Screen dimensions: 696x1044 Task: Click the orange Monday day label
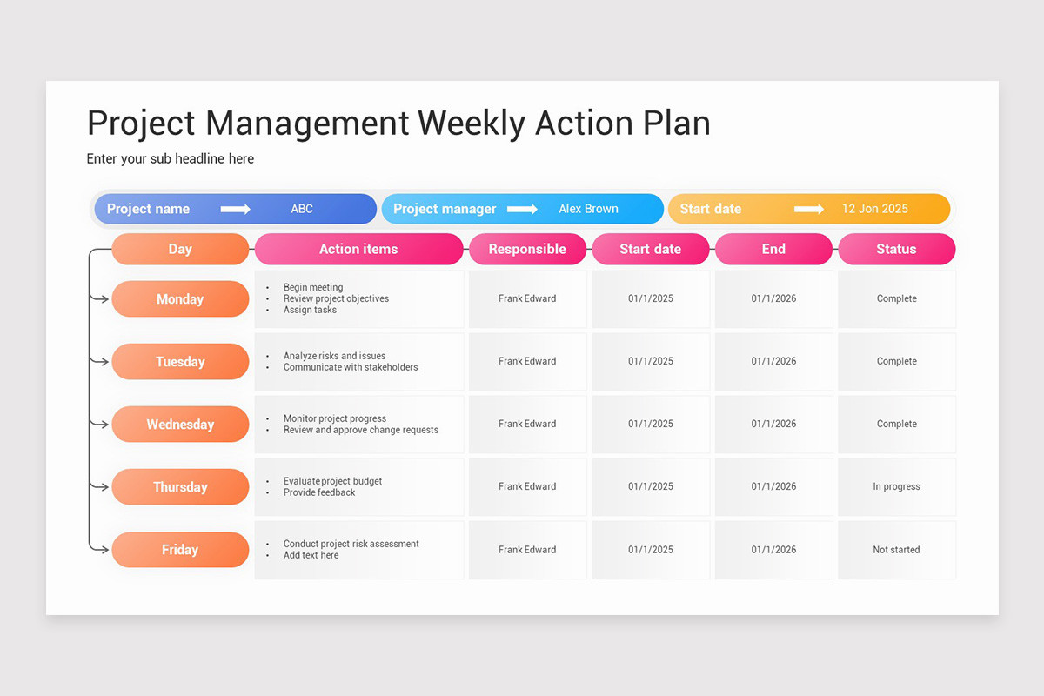pyautogui.click(x=180, y=299)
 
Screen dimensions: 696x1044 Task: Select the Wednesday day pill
pyautogui.click(x=180, y=425)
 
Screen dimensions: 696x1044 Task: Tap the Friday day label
pyautogui.click(x=180, y=550)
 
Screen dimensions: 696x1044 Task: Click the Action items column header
pyautogui.click(x=358, y=249)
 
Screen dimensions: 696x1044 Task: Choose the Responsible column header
pyautogui.click(x=527, y=249)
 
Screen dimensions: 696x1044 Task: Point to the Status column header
pyautogui.click(x=896, y=249)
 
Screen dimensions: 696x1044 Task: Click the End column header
pyautogui.click(x=773, y=249)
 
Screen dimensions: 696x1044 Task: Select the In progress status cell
pyautogui.click(x=896, y=487)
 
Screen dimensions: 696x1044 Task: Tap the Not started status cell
pyautogui.click(x=896, y=550)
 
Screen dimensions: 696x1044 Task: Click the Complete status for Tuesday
pyautogui.click(x=896, y=361)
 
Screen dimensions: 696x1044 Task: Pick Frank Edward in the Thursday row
pyautogui.click(x=527, y=487)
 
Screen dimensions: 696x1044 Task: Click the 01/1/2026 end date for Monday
pyautogui.click(x=773, y=298)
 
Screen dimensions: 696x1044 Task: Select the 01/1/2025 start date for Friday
pyautogui.click(x=651, y=550)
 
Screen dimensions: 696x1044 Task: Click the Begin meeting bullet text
pyautogui.click(x=313, y=287)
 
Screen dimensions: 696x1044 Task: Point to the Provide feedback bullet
pyautogui.click(x=319, y=492)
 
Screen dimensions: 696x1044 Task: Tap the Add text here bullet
pyautogui.click(x=311, y=555)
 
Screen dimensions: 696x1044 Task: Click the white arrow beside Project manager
pyautogui.click(x=522, y=209)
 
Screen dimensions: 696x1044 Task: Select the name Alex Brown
pyautogui.click(x=588, y=209)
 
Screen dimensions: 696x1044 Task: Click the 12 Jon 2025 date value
pyautogui.click(x=874, y=209)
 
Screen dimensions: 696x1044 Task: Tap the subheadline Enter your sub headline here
pyautogui.click(x=171, y=158)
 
